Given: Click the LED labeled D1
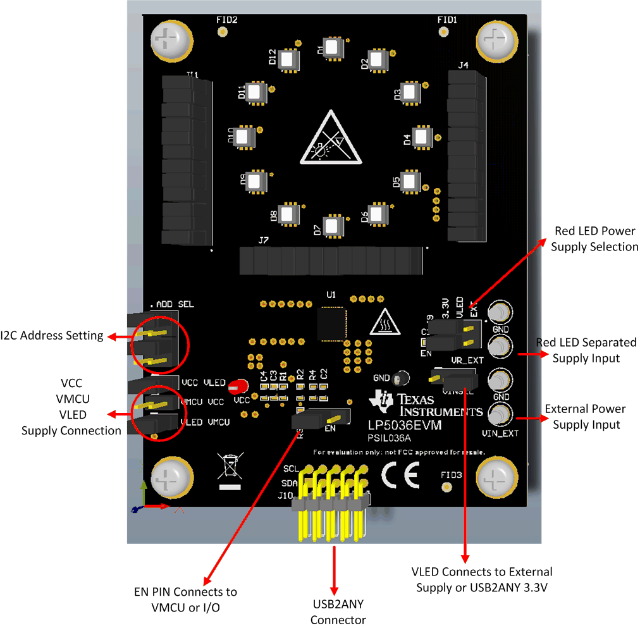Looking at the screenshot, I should coord(333,48).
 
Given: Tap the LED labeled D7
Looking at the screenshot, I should coord(333,226).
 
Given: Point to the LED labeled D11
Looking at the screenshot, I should coord(255,92).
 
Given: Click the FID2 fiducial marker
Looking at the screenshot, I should coord(221,32).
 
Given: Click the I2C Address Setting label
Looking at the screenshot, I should coord(52,336).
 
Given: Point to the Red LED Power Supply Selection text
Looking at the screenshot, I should coord(594,239).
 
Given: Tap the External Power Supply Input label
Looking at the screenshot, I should coord(585,417).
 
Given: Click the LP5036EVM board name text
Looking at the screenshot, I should coord(405,426).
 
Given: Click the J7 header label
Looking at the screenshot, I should coord(263,241).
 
